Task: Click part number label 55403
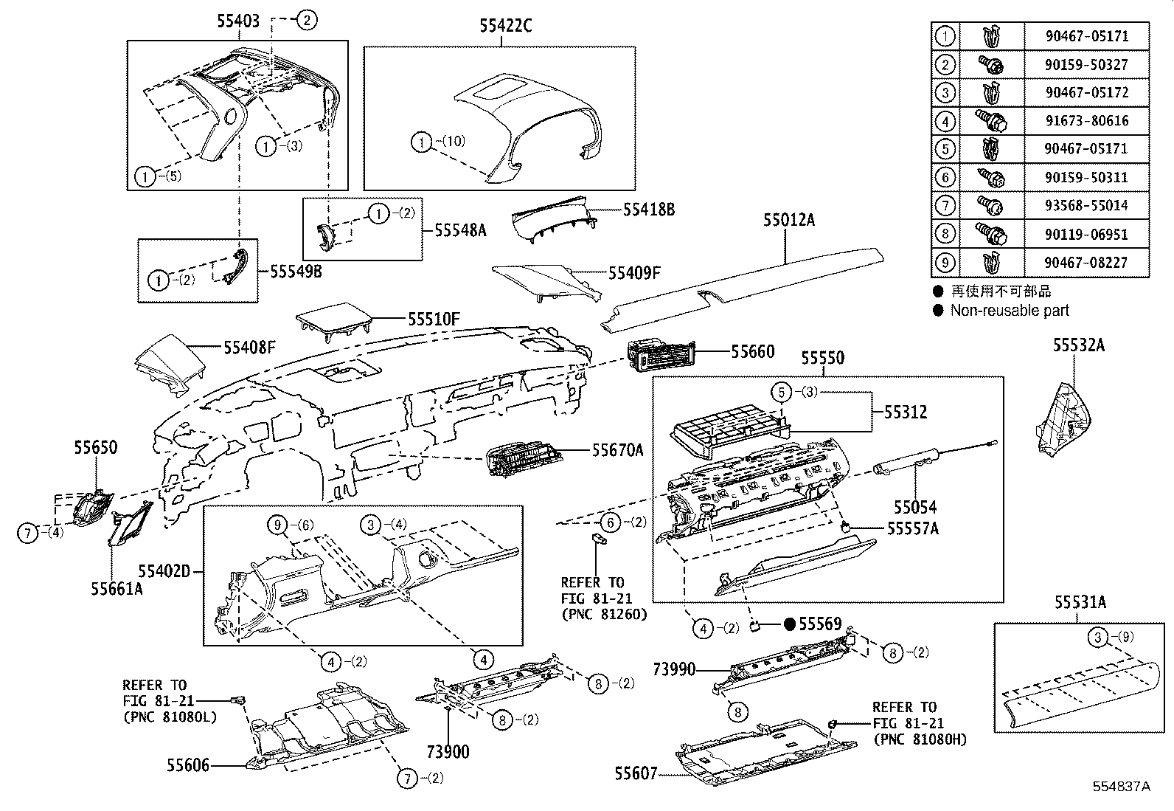pos(238,21)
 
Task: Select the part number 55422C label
pos(506,26)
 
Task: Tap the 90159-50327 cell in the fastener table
pos(1086,64)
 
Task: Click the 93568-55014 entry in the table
pos(1086,205)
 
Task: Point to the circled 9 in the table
pos(945,262)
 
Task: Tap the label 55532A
pos(1078,345)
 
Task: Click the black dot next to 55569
pos(790,625)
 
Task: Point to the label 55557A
pos(912,528)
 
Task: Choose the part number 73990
pos(674,669)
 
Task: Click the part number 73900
pos(448,752)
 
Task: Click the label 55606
pos(188,766)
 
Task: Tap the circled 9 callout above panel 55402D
pos(277,525)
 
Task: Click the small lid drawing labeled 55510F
pos(333,320)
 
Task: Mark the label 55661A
pos(117,588)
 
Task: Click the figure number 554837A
pos(1122,787)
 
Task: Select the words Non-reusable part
pos(1009,311)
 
